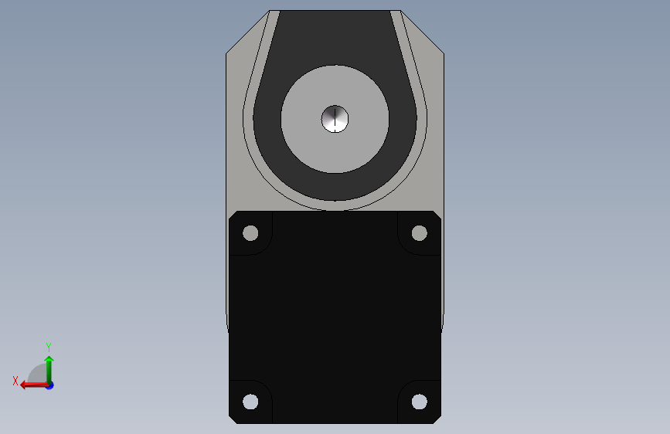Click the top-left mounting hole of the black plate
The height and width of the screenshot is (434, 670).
click(x=250, y=233)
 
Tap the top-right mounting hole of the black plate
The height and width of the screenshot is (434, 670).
click(x=419, y=233)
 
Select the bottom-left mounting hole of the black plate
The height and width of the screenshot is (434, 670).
click(x=250, y=402)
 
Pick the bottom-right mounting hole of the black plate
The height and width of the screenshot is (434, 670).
click(x=419, y=402)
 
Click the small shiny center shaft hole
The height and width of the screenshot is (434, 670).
click(x=335, y=119)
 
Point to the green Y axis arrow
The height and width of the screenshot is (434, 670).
click(x=49, y=370)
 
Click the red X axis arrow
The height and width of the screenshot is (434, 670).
click(x=35, y=385)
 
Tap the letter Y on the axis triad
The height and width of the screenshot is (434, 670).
click(x=49, y=347)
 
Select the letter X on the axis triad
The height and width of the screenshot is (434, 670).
click(x=15, y=381)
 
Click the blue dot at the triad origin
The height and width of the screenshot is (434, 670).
click(x=50, y=385)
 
